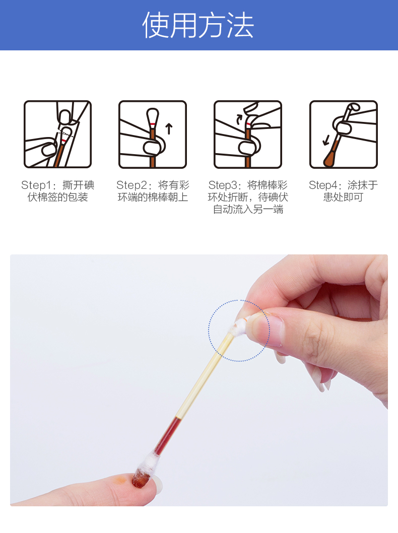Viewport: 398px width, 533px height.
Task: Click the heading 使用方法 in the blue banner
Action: (198, 26)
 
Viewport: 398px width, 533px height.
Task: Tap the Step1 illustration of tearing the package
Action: (58, 135)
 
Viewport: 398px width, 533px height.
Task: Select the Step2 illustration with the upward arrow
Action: (153, 135)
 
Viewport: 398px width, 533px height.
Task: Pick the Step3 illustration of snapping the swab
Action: (248, 135)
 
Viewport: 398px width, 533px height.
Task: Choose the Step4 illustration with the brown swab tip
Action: (343, 135)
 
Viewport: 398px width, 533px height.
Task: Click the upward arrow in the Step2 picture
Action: (169, 129)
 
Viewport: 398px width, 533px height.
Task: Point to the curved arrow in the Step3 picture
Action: (239, 119)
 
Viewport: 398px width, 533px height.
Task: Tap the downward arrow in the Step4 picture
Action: (326, 140)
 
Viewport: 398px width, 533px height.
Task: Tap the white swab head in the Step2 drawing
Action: (153, 116)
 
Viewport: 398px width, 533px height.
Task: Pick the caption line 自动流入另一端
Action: (248, 210)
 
